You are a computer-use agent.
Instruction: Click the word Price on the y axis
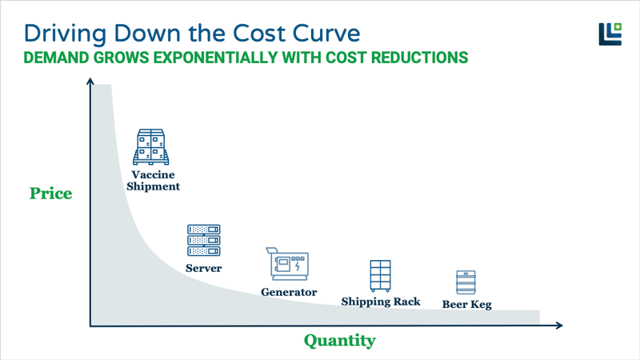(x=50, y=194)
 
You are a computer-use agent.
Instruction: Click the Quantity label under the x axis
(x=339, y=341)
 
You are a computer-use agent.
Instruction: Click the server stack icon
(x=203, y=241)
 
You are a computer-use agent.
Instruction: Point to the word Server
(x=203, y=268)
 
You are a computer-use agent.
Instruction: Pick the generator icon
(x=287, y=263)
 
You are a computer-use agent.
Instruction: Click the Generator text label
(x=289, y=292)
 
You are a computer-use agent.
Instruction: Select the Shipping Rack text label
(x=381, y=302)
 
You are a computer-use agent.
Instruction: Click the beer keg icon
(x=466, y=283)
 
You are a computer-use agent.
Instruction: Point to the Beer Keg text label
(x=466, y=305)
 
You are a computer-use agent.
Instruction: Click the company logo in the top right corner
(x=610, y=34)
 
